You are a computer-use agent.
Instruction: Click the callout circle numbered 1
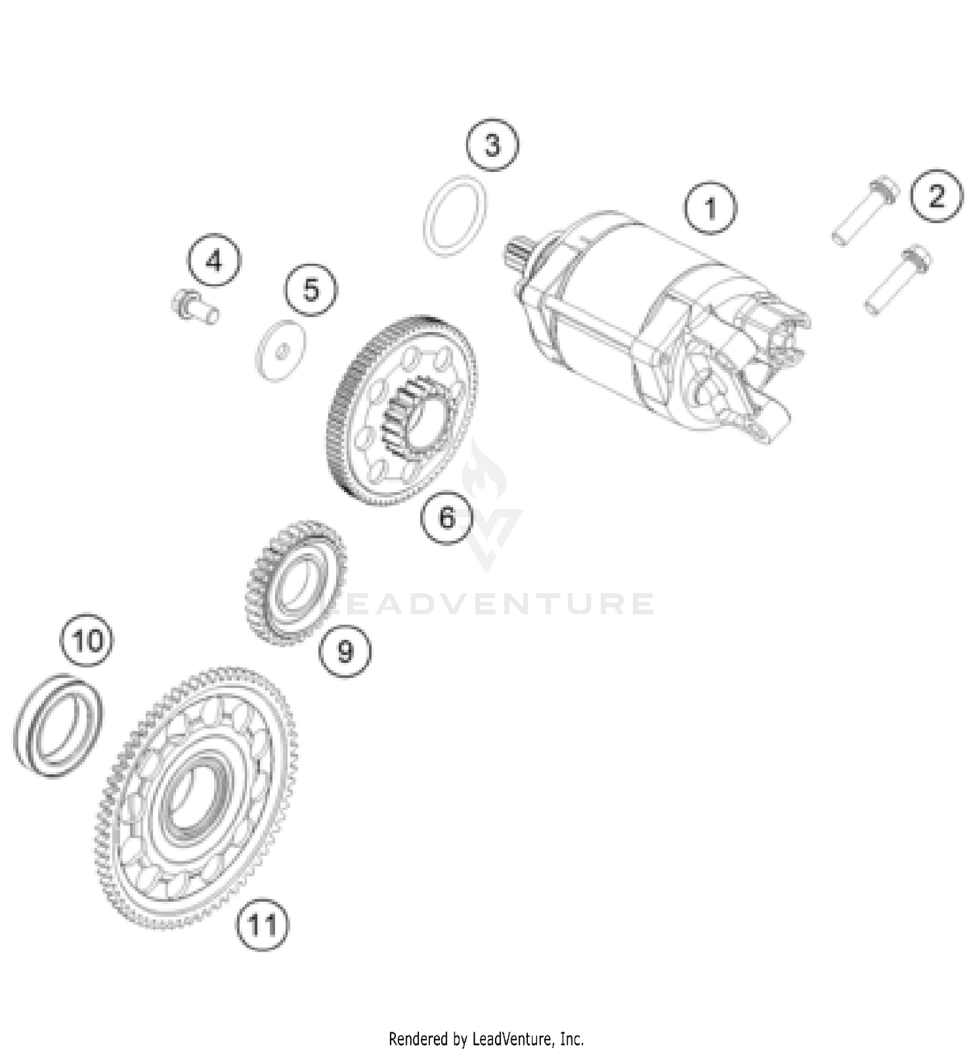[710, 209]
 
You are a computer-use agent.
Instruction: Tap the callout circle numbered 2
[936, 197]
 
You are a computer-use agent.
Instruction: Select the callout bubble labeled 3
[492, 145]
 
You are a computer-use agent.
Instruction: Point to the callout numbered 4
[214, 261]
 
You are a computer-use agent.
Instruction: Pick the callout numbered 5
[311, 289]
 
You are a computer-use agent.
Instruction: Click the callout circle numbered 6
[447, 517]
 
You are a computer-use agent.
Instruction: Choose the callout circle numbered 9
[345, 650]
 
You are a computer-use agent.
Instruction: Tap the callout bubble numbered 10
[87, 641]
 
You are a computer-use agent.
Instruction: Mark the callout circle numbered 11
[263, 924]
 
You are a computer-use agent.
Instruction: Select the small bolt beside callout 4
[193, 308]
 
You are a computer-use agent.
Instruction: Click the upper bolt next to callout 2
[865, 211]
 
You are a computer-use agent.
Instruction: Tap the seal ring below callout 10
[58, 725]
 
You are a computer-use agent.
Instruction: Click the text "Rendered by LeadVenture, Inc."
[486, 1039]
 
